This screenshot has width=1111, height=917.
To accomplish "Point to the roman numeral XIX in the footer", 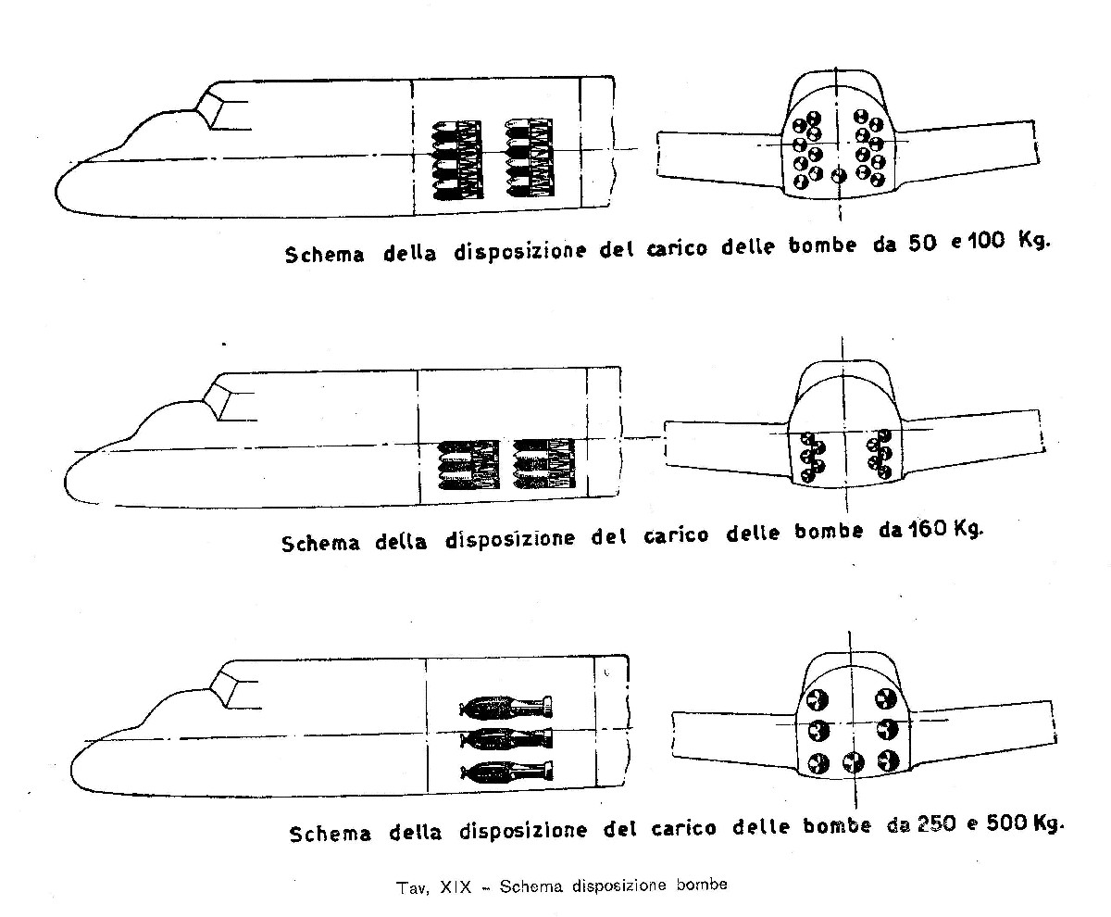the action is point(456,887).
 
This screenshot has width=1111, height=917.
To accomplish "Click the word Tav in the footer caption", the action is point(412,888).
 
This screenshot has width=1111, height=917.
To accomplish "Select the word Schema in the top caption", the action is point(325,254).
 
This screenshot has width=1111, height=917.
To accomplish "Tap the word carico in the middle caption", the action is point(676,535).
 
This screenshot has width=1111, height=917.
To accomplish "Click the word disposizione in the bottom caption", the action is point(523,831).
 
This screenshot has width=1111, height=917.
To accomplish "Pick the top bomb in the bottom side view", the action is point(506,707).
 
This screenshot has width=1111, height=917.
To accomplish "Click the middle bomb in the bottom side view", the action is point(506,738).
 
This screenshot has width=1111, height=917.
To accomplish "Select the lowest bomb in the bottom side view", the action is point(506,771).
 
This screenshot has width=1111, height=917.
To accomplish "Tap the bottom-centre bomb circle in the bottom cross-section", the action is point(854,763).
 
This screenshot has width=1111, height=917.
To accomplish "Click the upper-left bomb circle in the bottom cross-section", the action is point(818,699).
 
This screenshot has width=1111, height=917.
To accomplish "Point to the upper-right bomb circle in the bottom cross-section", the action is point(886,699).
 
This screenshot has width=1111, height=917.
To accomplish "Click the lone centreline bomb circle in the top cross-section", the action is point(839,176).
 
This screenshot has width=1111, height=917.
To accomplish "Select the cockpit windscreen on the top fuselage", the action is point(209,110).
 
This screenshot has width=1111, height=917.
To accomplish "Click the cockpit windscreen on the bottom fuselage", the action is point(225,691).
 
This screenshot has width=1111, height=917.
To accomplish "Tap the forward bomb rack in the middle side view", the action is point(468,464).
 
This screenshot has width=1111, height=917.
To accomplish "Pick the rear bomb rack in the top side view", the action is point(530,157).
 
